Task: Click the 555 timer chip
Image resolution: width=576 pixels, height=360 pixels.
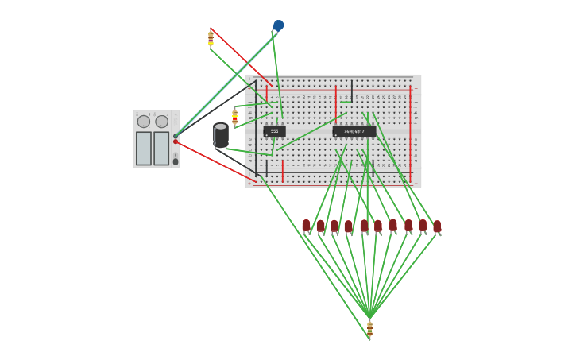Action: pos(274,131)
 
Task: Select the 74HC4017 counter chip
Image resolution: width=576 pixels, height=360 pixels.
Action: pos(354,131)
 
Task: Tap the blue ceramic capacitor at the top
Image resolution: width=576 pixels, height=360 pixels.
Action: pos(278,25)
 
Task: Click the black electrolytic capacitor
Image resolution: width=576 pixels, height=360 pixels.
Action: pos(221,135)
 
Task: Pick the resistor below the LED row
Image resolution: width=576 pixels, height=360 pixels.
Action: pos(369,327)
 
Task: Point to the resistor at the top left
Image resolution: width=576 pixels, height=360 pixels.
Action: pos(211,38)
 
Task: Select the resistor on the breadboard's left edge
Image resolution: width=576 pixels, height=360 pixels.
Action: pos(234,116)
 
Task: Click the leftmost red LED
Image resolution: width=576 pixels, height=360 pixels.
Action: pos(306,226)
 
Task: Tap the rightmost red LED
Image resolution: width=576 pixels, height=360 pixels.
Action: pos(437,226)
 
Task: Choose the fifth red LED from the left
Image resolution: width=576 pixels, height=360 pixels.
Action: pos(364,226)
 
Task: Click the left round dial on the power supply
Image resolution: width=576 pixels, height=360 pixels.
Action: pos(144,122)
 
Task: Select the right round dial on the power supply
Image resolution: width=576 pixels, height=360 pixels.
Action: pos(161,122)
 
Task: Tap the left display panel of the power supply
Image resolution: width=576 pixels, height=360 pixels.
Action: pos(144,149)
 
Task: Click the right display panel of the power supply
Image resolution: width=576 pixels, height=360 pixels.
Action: pos(161,149)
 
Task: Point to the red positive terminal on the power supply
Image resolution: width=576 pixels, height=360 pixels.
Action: pos(176,141)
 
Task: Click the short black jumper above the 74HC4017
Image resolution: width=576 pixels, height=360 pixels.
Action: pos(351,91)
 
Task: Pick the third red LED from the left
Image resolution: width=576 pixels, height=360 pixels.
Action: pos(334,226)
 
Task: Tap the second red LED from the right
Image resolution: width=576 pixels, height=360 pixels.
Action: pos(423,226)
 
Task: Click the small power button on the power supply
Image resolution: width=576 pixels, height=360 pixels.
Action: pos(176,161)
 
